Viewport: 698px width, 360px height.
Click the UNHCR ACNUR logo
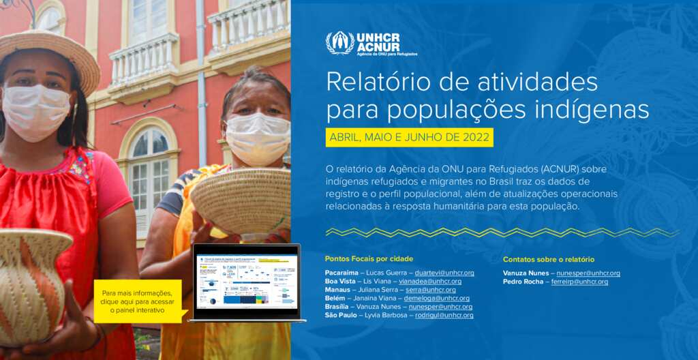pos(371,43)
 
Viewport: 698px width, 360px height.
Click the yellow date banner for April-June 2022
pos(409,137)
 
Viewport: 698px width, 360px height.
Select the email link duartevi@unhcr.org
pos(444,273)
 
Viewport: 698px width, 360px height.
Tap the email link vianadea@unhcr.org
pos(430,282)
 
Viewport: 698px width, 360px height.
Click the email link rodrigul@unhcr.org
pos(444,315)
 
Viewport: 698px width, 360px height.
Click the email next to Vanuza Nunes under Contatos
pos(588,273)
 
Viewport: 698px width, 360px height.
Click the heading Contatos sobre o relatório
pos(548,259)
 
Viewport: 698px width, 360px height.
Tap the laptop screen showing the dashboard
pos(246,282)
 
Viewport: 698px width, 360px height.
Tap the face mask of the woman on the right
pos(257,137)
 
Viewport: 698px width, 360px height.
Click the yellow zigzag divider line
pos(502,232)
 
